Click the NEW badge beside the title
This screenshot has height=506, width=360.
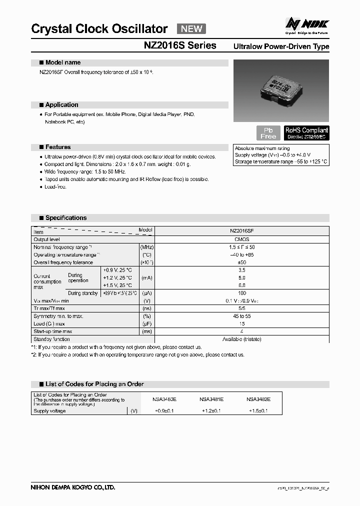coord(191,28)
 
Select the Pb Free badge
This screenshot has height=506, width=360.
coord(268,133)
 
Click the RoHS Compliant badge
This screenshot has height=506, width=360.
coord(306,133)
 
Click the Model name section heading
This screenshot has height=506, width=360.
coord(62,63)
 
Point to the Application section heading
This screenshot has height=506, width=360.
coord(61,105)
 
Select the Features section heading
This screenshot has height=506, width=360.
coord(58,147)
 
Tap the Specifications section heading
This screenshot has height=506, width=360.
coord(65,218)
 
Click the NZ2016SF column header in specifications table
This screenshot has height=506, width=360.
coord(241,232)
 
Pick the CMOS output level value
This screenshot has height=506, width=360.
coord(241,239)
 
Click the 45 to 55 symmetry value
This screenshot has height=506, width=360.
coord(241,316)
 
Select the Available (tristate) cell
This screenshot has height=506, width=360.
coord(241,339)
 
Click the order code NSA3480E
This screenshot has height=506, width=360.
coord(164,399)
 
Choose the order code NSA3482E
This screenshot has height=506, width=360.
coord(258,399)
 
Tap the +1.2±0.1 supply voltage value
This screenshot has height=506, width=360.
coord(211,410)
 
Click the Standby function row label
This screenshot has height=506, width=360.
coord(51,339)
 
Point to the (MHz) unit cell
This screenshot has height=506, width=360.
coord(147,247)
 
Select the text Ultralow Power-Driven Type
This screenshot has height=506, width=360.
coord(281,46)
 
